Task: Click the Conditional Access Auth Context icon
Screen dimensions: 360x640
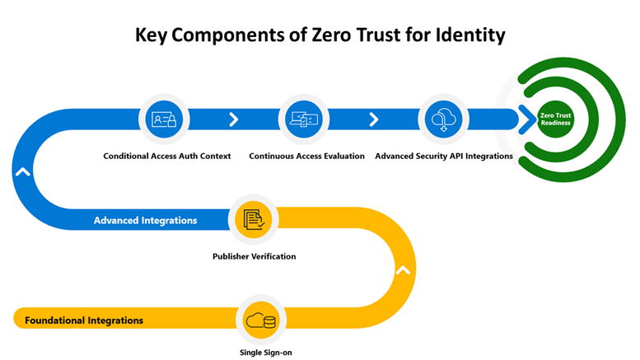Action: point(166,119)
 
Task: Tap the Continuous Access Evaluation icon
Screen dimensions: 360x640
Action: point(305,119)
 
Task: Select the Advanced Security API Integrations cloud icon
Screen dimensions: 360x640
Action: point(444,119)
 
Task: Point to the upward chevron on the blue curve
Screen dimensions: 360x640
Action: point(22,172)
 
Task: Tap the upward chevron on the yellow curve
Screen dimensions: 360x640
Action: point(402,269)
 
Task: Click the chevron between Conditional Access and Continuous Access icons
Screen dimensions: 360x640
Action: point(234,120)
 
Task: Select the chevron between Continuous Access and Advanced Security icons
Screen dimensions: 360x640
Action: point(374,120)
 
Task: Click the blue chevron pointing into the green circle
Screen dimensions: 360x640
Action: point(524,120)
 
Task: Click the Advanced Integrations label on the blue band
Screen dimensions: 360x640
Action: point(145,221)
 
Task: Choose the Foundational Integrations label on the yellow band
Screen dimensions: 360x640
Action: point(84,320)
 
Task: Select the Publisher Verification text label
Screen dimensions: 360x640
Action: point(254,256)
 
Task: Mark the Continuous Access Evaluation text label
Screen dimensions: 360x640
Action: point(306,156)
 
